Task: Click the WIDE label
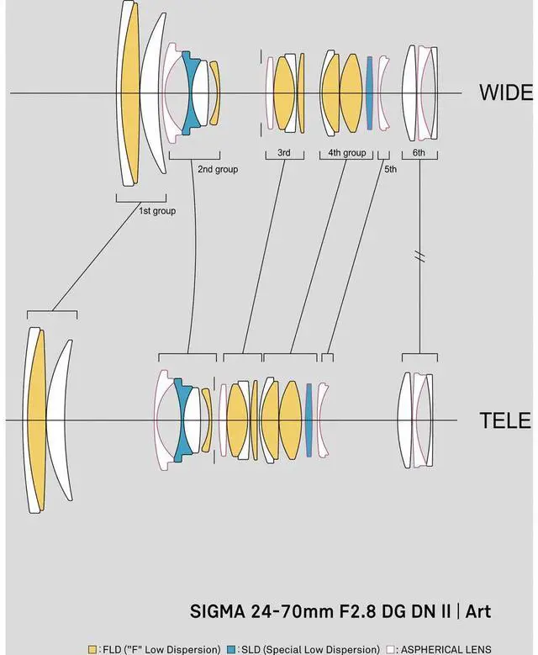[506, 92]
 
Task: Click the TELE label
[505, 420]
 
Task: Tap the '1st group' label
[157, 211]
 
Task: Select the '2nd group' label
[218, 169]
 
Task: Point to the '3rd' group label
[284, 153]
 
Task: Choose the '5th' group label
[390, 169]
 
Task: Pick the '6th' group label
[419, 153]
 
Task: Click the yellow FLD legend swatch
[92, 649]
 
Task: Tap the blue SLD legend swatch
[231, 649]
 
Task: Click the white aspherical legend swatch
[390, 649]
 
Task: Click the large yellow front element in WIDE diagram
[130, 92]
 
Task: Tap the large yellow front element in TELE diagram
[36, 420]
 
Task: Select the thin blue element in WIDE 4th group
[369, 92]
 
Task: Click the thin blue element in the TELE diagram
[309, 420]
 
